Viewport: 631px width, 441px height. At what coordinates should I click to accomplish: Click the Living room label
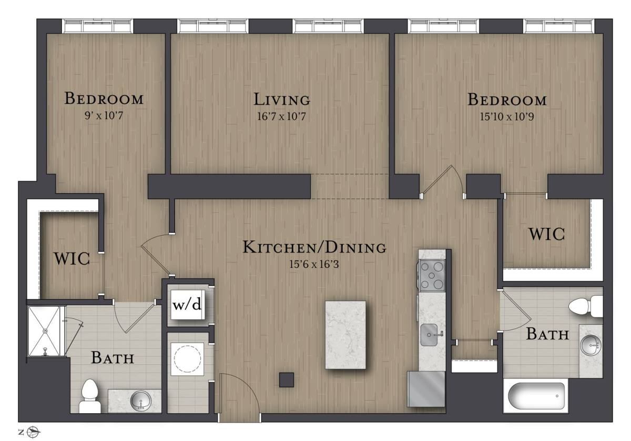pos(282,99)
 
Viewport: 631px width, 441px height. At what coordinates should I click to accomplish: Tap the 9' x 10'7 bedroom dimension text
pos(104,115)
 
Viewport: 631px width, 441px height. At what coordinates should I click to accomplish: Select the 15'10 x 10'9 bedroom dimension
pos(507,116)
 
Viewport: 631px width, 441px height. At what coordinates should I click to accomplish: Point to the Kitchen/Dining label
pos(314,247)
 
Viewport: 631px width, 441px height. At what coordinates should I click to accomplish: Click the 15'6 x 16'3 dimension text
pos(314,264)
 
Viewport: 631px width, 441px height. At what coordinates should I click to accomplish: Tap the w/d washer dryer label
pos(187,305)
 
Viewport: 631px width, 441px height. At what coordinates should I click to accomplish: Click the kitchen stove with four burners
pos(431,275)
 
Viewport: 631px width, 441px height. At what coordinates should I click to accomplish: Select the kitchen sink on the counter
pos(430,335)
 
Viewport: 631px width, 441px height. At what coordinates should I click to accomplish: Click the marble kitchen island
pos(345,335)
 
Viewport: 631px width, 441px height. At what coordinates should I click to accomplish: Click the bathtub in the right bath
pos(536,396)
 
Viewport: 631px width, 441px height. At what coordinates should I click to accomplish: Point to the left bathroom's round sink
pos(141,400)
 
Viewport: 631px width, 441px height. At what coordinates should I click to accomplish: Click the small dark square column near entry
pos(287,379)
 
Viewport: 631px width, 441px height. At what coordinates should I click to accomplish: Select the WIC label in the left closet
pos(72,258)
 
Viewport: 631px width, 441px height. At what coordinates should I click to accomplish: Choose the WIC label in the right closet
pos(547,234)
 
